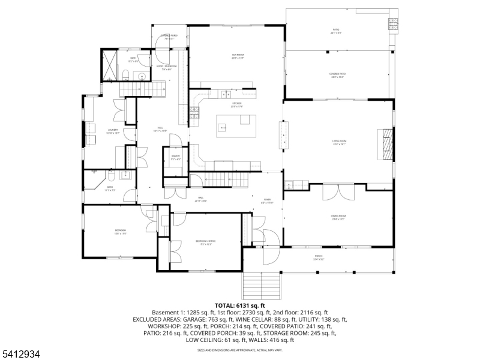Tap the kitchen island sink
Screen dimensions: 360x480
coord(223,127)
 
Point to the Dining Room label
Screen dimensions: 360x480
coord(338,217)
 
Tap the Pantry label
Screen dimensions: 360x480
coord(176,157)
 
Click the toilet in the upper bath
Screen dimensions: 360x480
coord(126,74)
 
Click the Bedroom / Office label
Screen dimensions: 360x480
coord(205,242)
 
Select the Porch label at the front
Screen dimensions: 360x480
coord(319,257)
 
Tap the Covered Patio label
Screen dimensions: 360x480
coord(337,76)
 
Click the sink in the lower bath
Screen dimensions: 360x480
coord(126,175)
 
